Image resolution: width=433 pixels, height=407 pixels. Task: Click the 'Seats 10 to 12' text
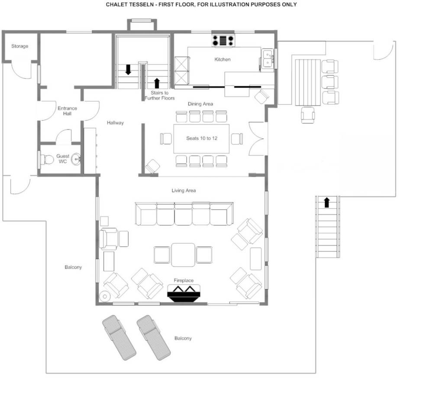coord(201,138)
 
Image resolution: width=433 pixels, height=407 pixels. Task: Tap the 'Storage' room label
coord(19,46)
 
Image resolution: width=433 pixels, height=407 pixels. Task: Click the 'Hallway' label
coord(116,123)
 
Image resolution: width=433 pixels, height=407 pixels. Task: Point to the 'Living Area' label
coord(184,191)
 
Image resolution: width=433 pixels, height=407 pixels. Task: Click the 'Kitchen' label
coord(223,59)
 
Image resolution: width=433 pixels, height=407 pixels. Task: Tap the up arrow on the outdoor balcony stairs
coord(326,202)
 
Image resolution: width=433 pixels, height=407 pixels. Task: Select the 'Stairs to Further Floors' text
coord(160,96)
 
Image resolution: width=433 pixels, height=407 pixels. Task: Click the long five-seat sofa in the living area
coord(184,214)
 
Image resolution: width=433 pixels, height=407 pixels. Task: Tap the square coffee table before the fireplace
coord(183,255)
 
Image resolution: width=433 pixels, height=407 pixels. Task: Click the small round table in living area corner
coord(104,297)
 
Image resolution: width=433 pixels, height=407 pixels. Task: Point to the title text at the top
coord(201,5)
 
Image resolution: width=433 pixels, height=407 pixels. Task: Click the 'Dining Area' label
coord(200,104)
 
